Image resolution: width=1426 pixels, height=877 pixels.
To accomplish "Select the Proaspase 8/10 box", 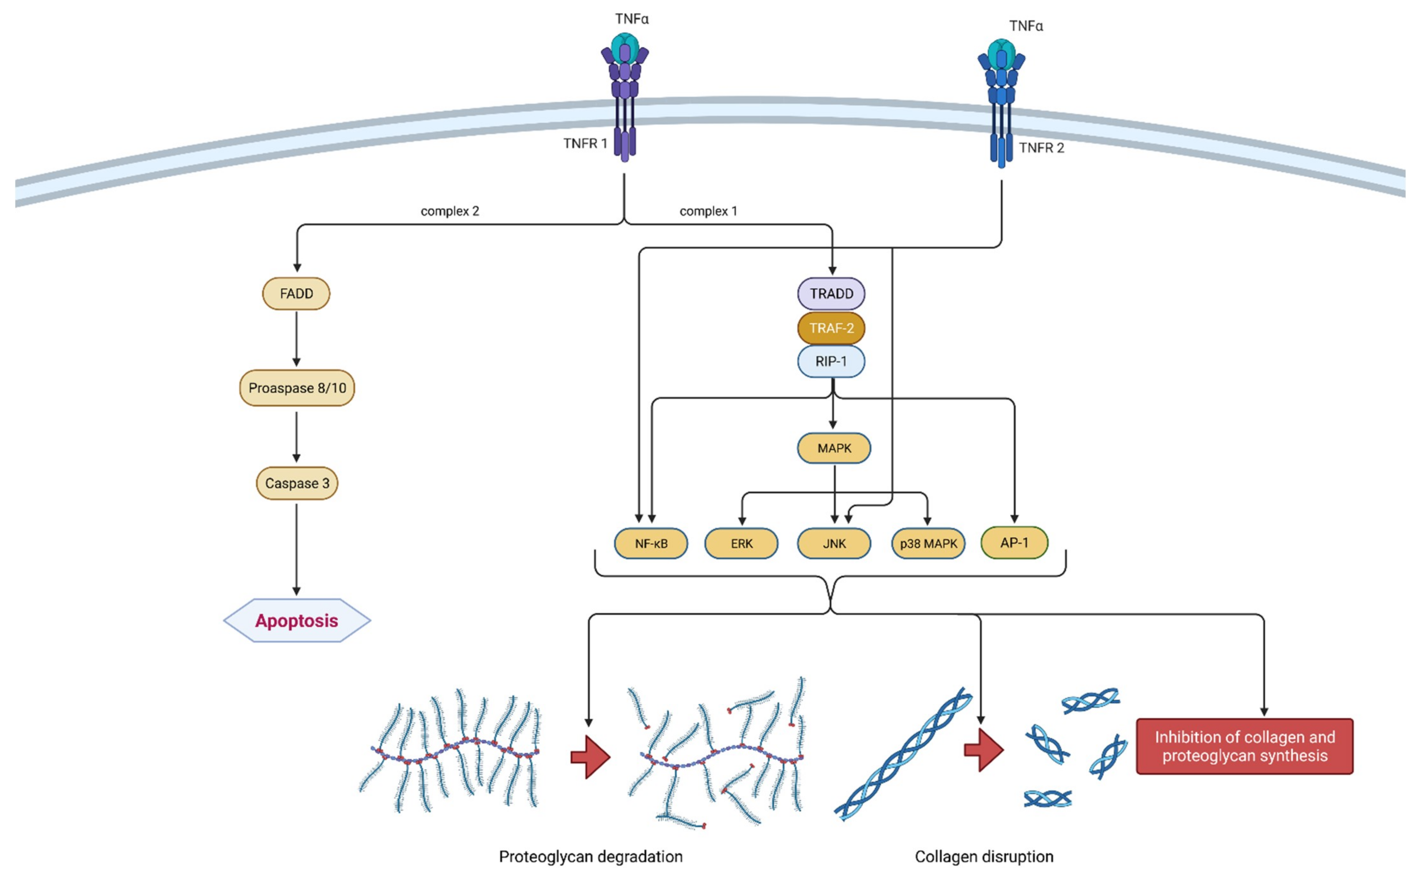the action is [297, 388].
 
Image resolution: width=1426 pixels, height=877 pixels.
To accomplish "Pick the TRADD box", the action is [831, 294].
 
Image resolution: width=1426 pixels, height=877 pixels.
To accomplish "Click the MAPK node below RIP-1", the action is [834, 448].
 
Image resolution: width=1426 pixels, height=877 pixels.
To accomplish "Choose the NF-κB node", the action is [651, 543].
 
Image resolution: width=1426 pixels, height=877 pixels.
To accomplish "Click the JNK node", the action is [834, 543].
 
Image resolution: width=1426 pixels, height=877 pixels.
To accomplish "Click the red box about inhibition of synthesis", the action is [1244, 746].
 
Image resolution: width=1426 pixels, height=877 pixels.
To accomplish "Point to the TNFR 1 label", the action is [585, 143].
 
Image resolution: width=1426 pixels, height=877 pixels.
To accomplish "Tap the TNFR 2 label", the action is [1042, 148].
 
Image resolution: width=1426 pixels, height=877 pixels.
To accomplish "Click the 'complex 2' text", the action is [450, 211].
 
